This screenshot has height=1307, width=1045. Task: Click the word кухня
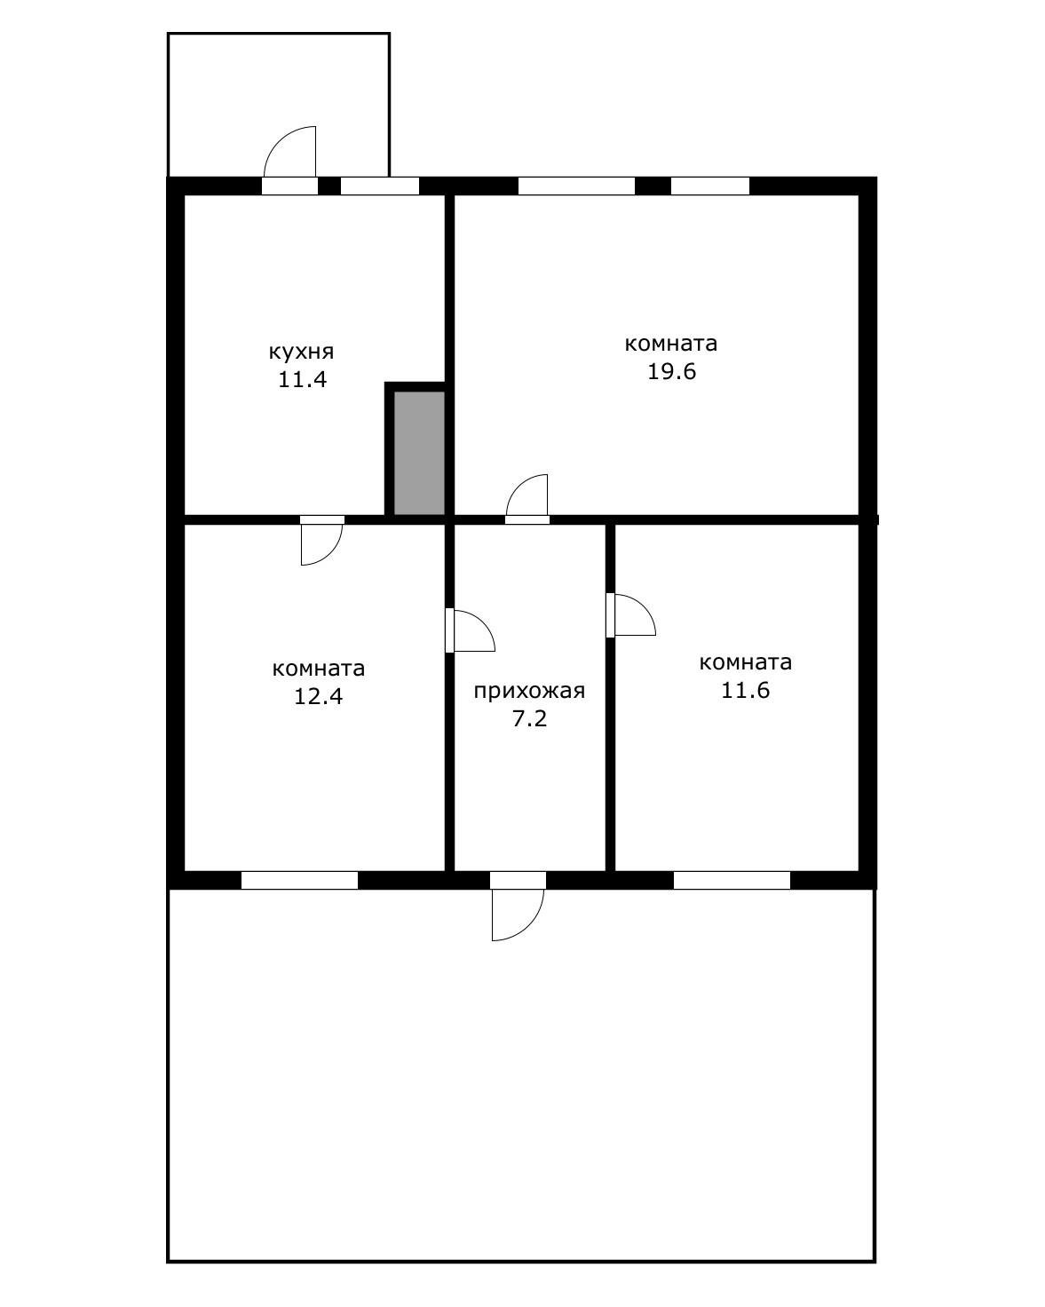pyautogui.click(x=301, y=352)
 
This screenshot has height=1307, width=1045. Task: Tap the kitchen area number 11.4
pyautogui.click(x=303, y=380)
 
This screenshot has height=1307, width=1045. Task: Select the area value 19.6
pyautogui.click(x=671, y=371)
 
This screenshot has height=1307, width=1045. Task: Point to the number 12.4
pyautogui.click(x=319, y=696)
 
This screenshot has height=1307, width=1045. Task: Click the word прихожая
pyautogui.click(x=529, y=691)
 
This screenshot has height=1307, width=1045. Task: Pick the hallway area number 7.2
pyautogui.click(x=530, y=719)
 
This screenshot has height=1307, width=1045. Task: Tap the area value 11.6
pyautogui.click(x=746, y=691)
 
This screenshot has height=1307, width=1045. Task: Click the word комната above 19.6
pyautogui.click(x=671, y=344)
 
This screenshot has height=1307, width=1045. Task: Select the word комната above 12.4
pyautogui.click(x=319, y=669)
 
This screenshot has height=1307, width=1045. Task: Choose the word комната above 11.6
pyautogui.click(x=746, y=662)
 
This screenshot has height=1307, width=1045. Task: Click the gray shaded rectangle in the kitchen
pyautogui.click(x=420, y=453)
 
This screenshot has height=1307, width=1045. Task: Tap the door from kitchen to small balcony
pyautogui.click(x=289, y=159)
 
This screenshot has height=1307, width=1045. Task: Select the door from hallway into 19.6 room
pyautogui.click(x=527, y=499)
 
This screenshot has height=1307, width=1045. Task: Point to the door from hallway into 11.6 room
pyautogui.click(x=630, y=615)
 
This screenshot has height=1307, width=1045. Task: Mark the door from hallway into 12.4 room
pyautogui.click(x=470, y=630)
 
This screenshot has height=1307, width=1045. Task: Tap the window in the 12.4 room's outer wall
pyautogui.click(x=299, y=881)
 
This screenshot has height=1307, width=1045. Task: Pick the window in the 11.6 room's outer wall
pyautogui.click(x=732, y=881)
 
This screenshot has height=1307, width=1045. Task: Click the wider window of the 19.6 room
pyautogui.click(x=576, y=186)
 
